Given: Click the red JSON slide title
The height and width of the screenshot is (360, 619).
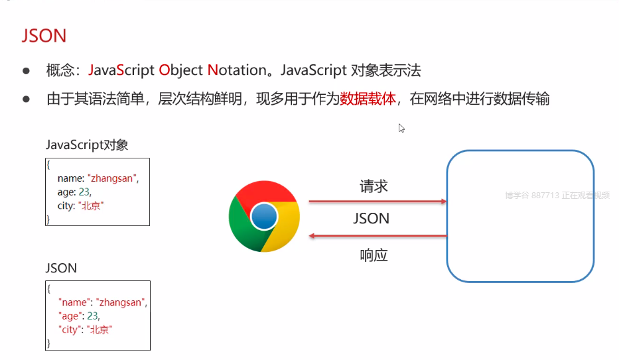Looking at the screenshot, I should point(44,36).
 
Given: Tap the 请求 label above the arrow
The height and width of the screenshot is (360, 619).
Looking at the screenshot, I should point(374,186).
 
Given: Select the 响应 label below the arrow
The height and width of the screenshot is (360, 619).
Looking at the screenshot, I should point(374,255).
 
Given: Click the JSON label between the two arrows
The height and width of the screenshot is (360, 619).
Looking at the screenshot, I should point(371,218).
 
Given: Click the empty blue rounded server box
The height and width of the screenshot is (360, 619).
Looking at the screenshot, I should point(519,215).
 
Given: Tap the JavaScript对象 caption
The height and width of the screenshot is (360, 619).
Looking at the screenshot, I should point(86,145).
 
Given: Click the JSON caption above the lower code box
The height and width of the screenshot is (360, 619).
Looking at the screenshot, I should point(61,269).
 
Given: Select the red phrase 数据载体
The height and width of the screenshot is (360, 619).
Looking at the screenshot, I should point(368,99).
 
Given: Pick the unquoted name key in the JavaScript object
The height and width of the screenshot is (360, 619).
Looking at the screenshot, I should point(68,178).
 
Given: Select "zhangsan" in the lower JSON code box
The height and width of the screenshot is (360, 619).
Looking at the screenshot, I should point(121,302).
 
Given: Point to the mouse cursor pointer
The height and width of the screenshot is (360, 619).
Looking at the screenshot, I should point(401,127).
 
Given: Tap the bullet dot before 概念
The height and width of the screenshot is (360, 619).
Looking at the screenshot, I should point(27,70).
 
